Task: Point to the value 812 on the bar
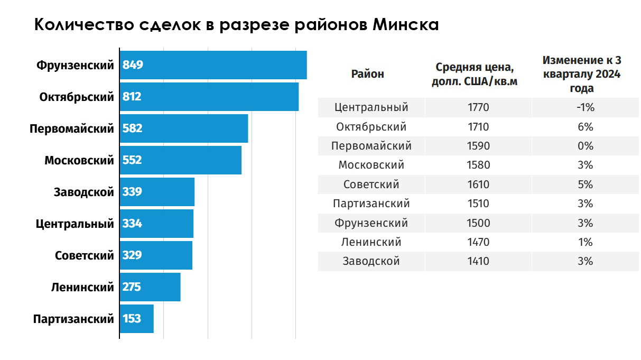(x=132, y=97)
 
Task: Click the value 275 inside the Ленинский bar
(x=132, y=287)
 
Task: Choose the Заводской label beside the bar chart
(x=84, y=192)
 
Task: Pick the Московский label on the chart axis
(x=79, y=160)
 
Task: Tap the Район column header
(x=368, y=74)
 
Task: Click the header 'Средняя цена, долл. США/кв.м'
(x=474, y=74)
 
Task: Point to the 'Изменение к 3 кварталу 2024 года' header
(x=581, y=74)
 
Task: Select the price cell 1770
(x=479, y=107)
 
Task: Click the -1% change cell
(x=586, y=107)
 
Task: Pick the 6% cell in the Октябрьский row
(x=586, y=127)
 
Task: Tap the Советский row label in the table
(x=371, y=184)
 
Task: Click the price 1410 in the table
(x=479, y=261)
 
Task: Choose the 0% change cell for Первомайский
(x=586, y=146)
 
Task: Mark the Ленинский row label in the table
(x=371, y=242)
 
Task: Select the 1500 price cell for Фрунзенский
(x=479, y=223)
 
